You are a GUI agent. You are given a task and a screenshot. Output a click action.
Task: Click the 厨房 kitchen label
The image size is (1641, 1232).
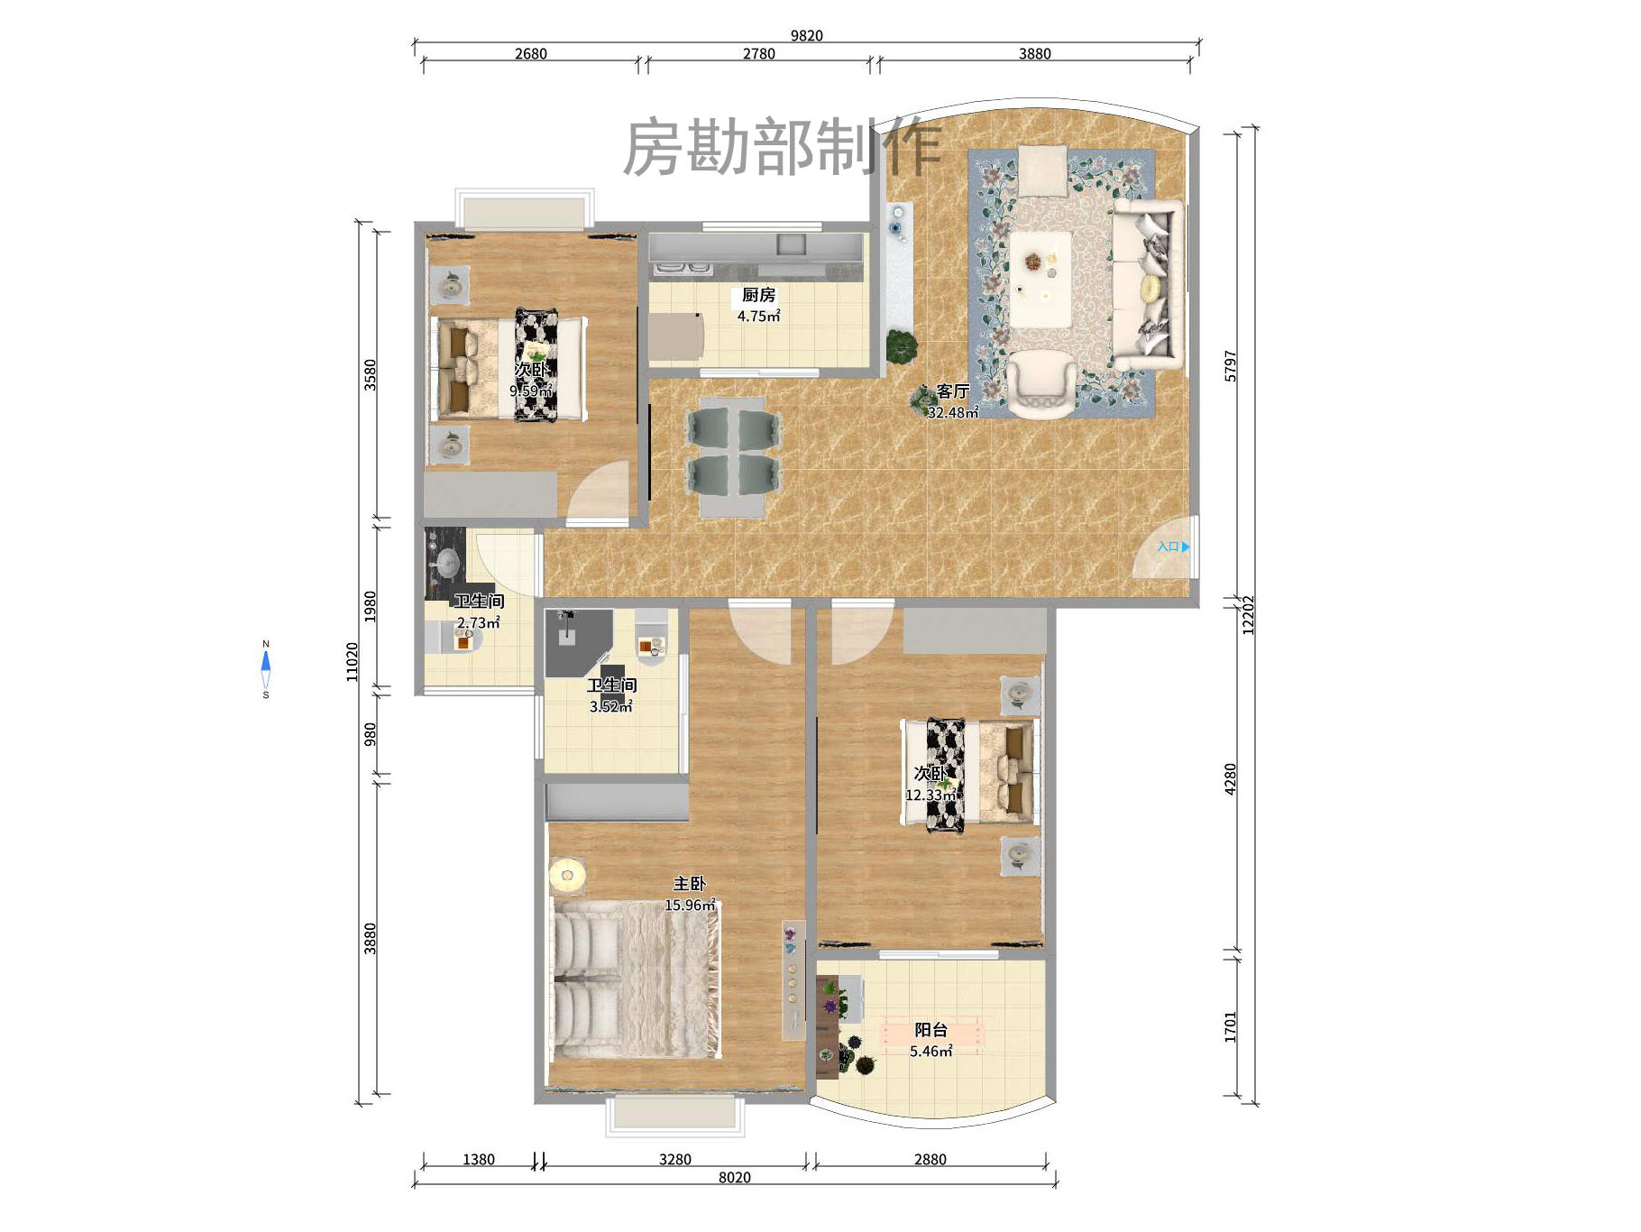(x=758, y=295)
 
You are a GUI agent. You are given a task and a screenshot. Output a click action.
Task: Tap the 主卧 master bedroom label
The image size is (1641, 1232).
(x=689, y=884)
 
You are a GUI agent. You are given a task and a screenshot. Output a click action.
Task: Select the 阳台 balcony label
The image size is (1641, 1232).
(x=931, y=1030)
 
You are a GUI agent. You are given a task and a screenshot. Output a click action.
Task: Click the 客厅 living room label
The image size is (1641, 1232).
(x=952, y=391)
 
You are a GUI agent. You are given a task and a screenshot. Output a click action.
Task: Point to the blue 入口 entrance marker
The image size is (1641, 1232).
(x=1173, y=547)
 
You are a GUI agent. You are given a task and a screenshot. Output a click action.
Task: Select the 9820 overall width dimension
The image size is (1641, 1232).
(x=806, y=36)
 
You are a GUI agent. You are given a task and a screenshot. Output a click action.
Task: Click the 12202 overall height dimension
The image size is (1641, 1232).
(x=1249, y=615)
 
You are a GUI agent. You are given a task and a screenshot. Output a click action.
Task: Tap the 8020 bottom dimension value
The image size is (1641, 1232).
(x=734, y=1177)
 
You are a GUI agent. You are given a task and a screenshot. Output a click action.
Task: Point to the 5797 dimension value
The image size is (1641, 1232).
(x=1231, y=366)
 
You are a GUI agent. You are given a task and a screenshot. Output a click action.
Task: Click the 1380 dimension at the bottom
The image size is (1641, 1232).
(x=478, y=1160)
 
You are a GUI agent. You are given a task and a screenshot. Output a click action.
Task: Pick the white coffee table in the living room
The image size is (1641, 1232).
(x=1040, y=278)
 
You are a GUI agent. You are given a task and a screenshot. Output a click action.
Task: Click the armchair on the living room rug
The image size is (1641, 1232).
(x=1041, y=384)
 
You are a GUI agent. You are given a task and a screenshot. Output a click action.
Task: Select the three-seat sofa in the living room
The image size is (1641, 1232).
(x=1147, y=284)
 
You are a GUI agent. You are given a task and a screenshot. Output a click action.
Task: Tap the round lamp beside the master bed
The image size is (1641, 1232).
(x=567, y=875)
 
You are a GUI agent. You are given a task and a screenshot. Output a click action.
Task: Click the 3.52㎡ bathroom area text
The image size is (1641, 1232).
(x=611, y=707)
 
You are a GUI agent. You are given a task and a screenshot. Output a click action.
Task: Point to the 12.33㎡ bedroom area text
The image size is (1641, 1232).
(x=931, y=795)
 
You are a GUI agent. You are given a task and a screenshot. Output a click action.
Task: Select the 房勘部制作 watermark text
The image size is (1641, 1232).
(x=783, y=148)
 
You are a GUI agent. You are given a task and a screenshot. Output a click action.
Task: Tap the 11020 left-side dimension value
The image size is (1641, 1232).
(x=353, y=661)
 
